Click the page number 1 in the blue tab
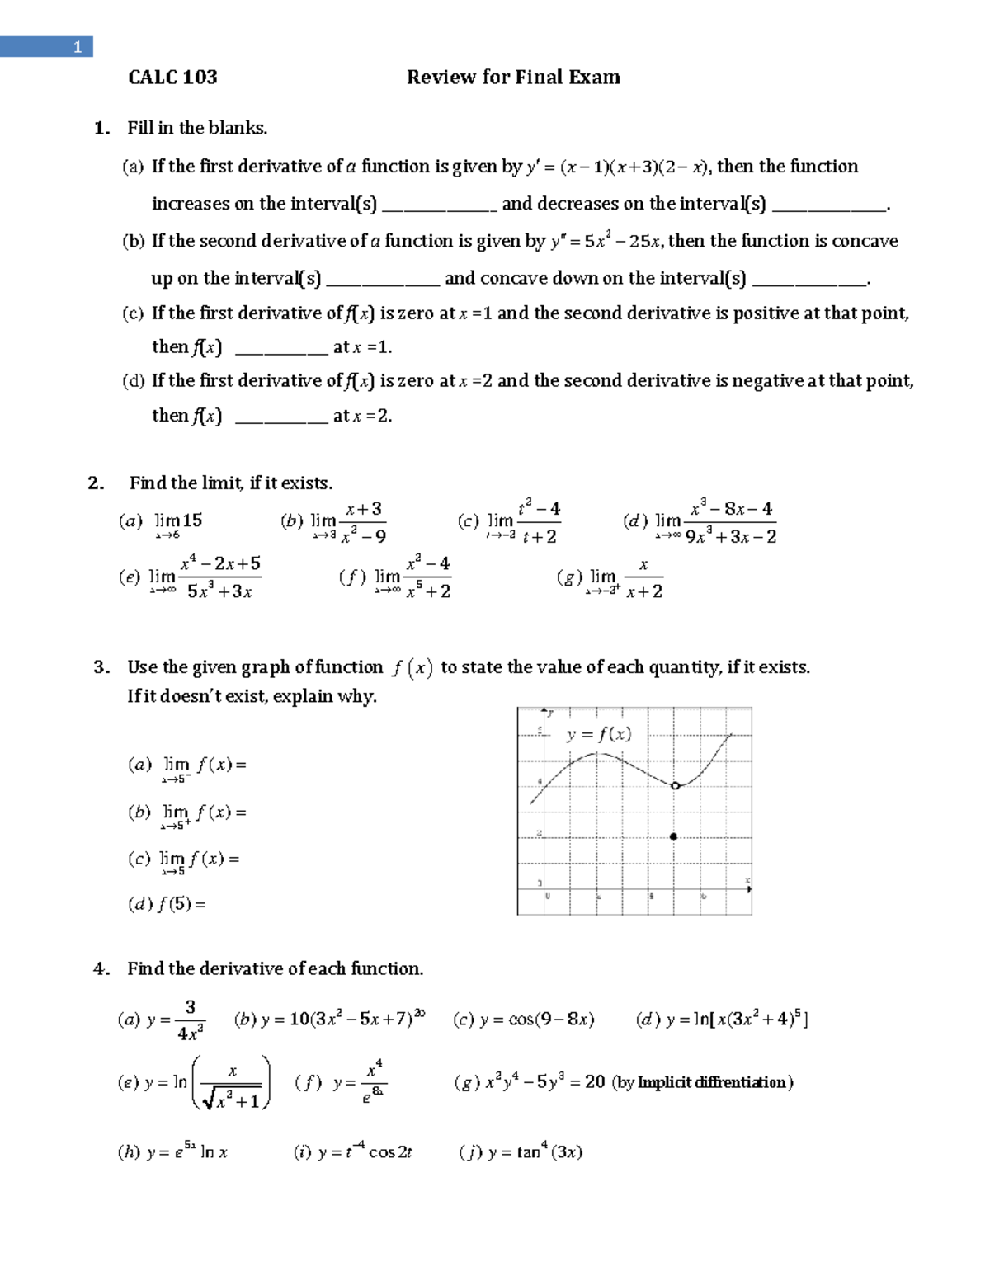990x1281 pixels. (x=77, y=47)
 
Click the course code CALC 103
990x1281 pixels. (x=172, y=78)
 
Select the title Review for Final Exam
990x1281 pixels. (x=512, y=78)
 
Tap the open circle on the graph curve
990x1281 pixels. (x=675, y=786)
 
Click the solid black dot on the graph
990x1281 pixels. (x=674, y=836)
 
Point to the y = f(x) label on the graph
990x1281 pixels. (x=599, y=734)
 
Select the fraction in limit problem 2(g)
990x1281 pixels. (x=643, y=578)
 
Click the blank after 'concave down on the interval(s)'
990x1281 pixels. (x=809, y=280)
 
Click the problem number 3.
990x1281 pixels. (x=101, y=667)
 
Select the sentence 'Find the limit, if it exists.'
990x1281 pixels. (x=231, y=483)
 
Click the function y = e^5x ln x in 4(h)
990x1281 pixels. (x=172, y=1152)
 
